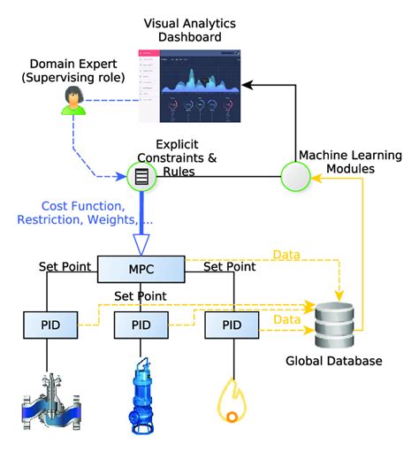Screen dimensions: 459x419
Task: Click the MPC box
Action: click(141, 267)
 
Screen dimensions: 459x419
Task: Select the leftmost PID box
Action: click(48, 324)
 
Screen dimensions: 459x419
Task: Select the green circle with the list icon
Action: click(141, 176)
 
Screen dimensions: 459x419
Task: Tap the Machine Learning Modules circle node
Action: click(294, 175)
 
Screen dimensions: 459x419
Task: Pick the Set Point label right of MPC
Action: click(231, 264)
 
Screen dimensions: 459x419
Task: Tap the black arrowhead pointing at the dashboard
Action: click(250, 85)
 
